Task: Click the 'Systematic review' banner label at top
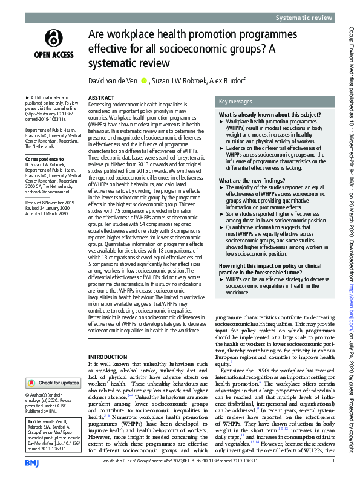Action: [304, 18]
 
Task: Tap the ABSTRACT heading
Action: [100, 97]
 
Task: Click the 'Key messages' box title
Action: [236, 102]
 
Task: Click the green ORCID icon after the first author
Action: [143, 80]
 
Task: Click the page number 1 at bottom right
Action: [332, 461]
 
